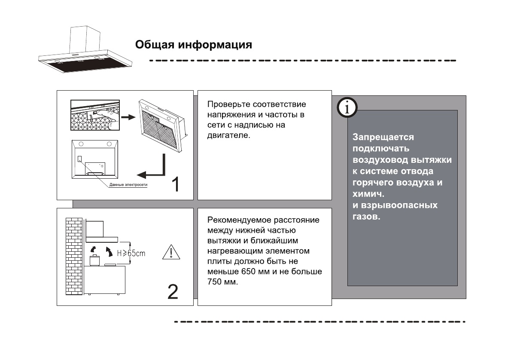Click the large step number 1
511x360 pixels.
(x=176, y=185)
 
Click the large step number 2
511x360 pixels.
(x=172, y=292)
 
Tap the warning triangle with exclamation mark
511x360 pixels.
(x=171, y=252)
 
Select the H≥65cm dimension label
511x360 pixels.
(x=131, y=253)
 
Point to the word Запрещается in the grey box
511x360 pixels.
(x=377, y=137)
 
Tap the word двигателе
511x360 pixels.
(x=228, y=135)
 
